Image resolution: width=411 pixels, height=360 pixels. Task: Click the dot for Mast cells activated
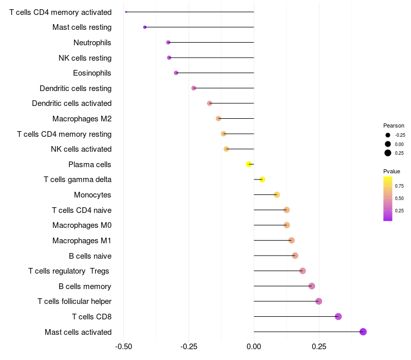click(363, 332)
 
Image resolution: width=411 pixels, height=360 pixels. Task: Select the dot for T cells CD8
click(338, 316)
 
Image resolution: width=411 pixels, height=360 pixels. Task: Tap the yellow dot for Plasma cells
click(249, 165)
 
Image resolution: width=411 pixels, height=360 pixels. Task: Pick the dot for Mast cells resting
click(145, 27)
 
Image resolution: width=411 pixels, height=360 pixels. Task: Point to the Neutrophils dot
click(168, 42)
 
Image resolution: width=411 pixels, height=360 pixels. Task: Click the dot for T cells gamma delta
click(262, 179)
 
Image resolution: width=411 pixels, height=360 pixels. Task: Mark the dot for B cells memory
click(312, 286)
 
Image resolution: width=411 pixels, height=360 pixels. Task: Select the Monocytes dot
click(277, 195)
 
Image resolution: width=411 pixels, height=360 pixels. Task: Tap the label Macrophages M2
click(82, 119)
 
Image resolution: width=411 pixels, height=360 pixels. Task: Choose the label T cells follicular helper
click(74, 301)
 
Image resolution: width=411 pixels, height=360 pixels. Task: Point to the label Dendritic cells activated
click(71, 103)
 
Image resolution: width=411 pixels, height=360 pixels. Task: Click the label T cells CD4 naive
click(82, 210)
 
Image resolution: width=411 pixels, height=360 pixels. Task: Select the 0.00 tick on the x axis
click(254, 347)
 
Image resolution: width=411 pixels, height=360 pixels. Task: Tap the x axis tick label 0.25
click(319, 347)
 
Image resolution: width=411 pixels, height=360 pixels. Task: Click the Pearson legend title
click(394, 125)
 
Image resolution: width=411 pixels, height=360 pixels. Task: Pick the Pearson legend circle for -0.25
click(388, 135)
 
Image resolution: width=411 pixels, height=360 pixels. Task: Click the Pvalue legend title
click(391, 171)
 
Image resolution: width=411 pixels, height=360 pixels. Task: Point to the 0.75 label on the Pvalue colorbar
click(399, 186)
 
